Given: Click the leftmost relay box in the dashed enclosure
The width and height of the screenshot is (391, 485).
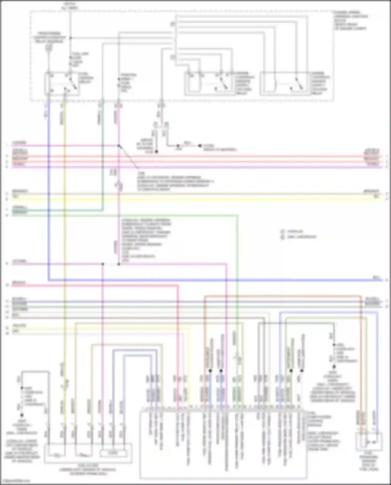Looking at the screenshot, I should click(x=62, y=83).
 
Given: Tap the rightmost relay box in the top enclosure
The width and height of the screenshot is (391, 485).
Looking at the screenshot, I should click(x=285, y=83).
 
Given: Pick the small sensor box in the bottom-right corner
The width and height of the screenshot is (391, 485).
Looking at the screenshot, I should click(x=369, y=441).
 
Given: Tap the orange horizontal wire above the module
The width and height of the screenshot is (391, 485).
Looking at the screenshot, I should click(x=282, y=296).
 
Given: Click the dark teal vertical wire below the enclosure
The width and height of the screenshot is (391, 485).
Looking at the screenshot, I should click(x=103, y=156).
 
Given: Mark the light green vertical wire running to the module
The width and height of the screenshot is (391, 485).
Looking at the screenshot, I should click(x=237, y=287).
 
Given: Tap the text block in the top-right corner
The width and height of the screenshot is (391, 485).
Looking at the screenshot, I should click(x=351, y=20).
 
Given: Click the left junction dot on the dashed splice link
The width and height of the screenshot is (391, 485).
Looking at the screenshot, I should click(x=103, y=264).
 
